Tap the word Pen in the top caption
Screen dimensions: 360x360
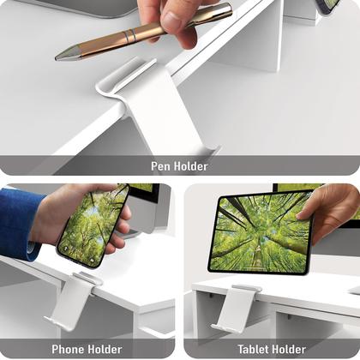tap(160, 165)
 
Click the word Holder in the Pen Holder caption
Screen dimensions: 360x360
tap(190, 165)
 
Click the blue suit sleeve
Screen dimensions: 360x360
tap(17, 222)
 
